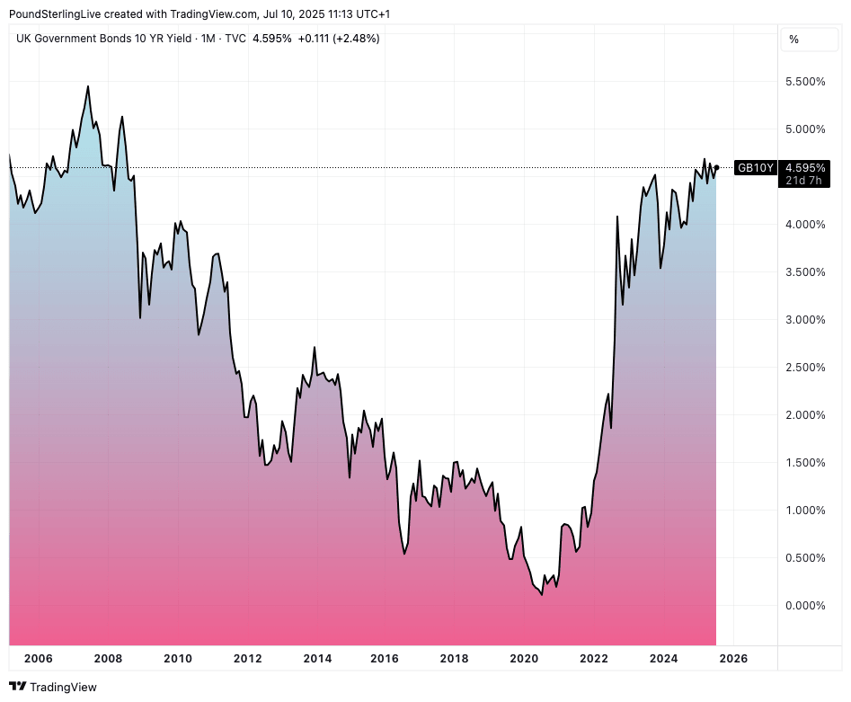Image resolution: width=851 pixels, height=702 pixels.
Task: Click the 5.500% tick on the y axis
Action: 806,82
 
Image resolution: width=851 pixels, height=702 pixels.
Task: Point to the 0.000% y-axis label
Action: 806,606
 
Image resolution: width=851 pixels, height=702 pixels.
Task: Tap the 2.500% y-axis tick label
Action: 806,368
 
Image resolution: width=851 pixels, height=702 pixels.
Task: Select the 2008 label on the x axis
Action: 108,659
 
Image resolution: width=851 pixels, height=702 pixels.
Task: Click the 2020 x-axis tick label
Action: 524,659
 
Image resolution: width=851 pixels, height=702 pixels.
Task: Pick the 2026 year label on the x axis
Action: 733,659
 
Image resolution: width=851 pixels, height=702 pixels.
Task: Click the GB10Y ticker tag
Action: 756,167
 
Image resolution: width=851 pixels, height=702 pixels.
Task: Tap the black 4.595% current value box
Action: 806,167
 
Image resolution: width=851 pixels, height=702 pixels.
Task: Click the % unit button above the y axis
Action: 793,40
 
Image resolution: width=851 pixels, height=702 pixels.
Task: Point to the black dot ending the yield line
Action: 716,167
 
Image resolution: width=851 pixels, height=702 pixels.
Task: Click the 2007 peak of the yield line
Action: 88,86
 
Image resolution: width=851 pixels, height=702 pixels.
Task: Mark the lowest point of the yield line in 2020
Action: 542,595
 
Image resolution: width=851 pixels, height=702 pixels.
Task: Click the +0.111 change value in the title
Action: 314,39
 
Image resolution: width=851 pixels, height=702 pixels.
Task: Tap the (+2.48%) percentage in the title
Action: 356,39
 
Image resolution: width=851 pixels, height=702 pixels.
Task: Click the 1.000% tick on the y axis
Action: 806,511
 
